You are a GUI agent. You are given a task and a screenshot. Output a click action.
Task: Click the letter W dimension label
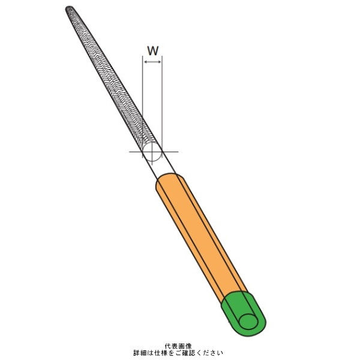152,50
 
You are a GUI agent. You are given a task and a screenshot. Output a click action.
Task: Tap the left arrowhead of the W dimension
145,62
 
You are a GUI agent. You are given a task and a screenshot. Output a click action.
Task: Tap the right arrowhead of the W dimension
160,62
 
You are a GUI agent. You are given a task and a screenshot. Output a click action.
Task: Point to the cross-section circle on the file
152,152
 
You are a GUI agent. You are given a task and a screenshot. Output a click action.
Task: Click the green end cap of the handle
244,313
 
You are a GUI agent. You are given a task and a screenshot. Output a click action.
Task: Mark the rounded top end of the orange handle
170,178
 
